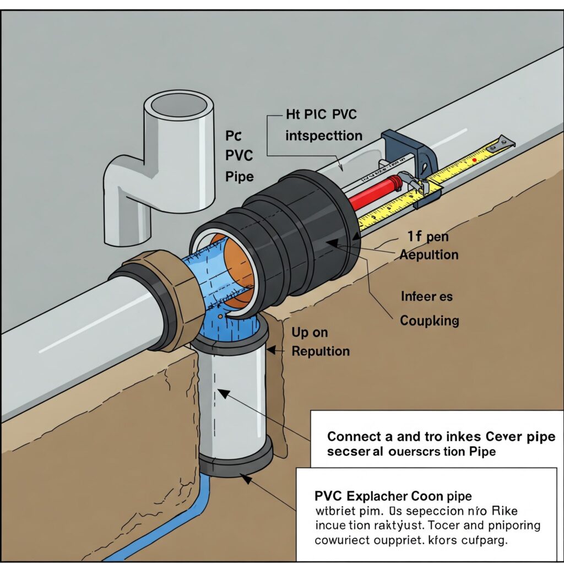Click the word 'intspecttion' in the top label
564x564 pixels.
pyautogui.click(x=324, y=135)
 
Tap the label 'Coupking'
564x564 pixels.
pyautogui.click(x=430, y=321)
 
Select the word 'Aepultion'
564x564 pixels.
pyautogui.click(x=429, y=255)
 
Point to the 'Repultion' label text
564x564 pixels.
pyautogui.click(x=321, y=351)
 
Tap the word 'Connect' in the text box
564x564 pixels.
pyautogui.click(x=354, y=437)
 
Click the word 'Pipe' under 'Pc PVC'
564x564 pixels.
pyautogui.click(x=240, y=177)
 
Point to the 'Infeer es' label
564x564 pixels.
pyautogui.click(x=427, y=297)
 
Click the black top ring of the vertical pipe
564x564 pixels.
pyautogui.click(x=230, y=341)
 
